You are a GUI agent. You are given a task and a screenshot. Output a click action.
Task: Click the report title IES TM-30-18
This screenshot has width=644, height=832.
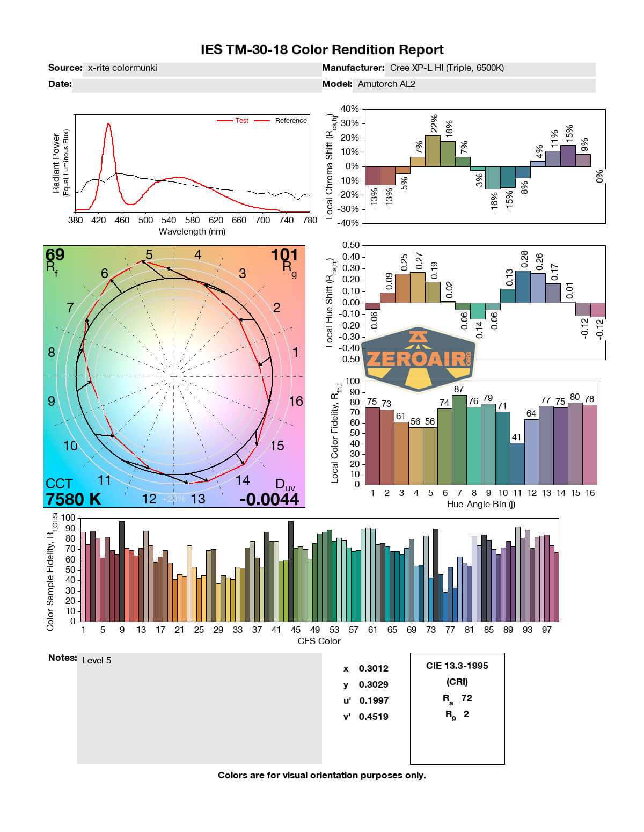click(322, 50)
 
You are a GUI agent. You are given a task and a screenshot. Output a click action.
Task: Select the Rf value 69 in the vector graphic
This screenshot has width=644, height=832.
click(55, 254)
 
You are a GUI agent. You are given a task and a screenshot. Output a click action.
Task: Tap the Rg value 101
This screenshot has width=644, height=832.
click(284, 254)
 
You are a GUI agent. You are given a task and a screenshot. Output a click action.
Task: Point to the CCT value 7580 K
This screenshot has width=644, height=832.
click(74, 499)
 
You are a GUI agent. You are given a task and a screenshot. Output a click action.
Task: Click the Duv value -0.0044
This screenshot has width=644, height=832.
click(269, 499)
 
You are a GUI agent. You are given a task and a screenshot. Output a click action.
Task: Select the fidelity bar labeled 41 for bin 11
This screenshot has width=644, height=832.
click(517, 463)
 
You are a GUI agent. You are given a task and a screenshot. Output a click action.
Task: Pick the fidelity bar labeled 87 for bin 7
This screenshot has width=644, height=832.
click(459, 440)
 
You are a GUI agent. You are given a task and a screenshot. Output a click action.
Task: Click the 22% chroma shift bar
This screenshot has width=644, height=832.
click(433, 151)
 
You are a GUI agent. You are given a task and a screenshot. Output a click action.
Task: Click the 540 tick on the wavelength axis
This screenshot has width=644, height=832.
click(169, 220)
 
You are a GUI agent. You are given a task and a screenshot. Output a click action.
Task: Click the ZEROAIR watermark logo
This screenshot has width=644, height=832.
click(419, 357)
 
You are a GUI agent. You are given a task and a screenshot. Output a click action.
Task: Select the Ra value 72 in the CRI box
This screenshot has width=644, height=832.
click(467, 698)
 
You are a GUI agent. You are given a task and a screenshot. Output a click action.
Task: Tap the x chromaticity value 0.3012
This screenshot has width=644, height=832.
click(374, 668)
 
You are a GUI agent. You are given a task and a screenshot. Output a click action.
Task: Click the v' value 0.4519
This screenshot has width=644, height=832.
click(374, 717)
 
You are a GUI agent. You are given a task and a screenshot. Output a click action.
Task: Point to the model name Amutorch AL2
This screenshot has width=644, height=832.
click(386, 84)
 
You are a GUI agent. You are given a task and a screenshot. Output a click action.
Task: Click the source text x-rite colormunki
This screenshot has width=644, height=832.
click(122, 68)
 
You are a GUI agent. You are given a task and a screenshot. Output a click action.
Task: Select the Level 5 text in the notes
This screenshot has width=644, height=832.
click(97, 660)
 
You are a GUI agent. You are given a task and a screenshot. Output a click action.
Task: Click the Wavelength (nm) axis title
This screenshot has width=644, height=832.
click(192, 232)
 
